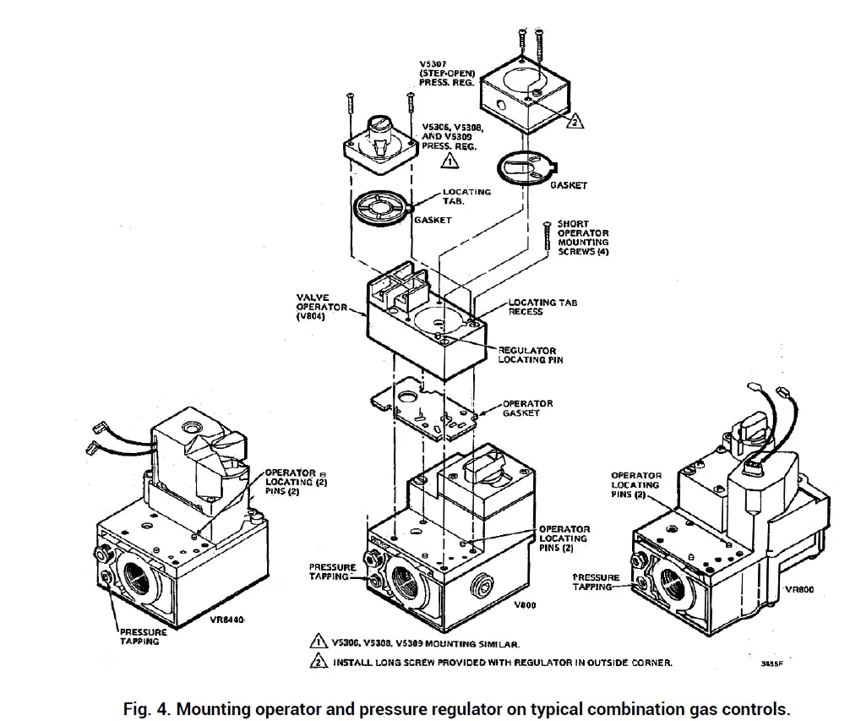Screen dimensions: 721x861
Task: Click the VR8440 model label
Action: (226, 620)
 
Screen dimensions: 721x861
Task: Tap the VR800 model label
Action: (799, 590)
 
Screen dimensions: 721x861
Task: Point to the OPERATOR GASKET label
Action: (527, 408)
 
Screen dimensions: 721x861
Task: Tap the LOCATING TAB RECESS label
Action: (542, 307)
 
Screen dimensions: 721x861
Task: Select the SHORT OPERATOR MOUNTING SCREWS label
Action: (582, 238)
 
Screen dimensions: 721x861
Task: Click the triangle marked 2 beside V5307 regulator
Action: (575, 121)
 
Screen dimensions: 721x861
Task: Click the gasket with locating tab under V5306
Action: (382, 208)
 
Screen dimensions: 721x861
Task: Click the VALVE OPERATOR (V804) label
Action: (320, 306)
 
